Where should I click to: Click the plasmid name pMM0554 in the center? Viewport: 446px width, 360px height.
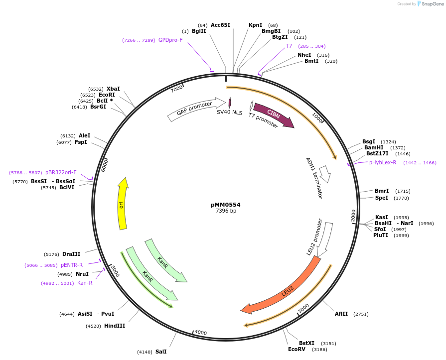tap(226, 205)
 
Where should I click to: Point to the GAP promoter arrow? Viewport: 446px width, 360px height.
tap(195, 110)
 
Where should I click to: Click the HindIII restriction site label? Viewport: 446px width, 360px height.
tap(115, 326)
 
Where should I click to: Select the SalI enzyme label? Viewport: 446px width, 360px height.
tap(161, 352)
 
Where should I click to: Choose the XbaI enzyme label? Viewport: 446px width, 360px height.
tap(113, 89)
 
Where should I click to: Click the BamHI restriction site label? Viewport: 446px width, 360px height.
tap(374, 147)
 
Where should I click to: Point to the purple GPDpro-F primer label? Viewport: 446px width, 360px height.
tap(171, 40)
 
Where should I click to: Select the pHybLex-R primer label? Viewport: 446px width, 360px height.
tap(383, 162)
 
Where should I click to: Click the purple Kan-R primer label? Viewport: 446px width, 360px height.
tap(85, 283)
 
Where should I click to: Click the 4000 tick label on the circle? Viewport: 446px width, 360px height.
tap(200, 333)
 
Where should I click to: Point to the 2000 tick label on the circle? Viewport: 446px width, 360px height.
tap(353, 215)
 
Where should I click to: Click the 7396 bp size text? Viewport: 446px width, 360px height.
tap(226, 211)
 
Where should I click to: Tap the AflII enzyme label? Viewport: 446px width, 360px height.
tap(341, 314)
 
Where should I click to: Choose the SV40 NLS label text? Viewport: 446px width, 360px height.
tap(229, 113)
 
